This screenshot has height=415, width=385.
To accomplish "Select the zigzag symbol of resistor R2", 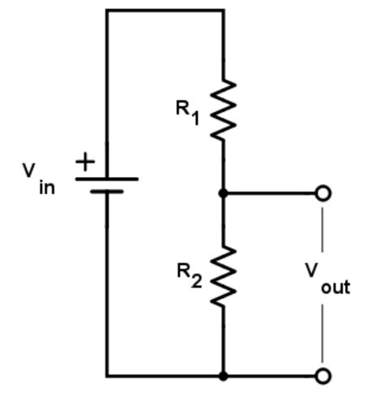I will [x=223, y=276].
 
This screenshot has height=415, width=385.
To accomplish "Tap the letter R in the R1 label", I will [x=183, y=108].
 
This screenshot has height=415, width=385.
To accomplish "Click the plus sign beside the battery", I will [x=84, y=162].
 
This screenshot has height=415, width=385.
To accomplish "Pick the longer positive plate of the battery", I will [x=106, y=179].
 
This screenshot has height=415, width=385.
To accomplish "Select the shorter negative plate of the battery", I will [x=106, y=192].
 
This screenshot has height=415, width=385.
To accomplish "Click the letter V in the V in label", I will [x=29, y=171].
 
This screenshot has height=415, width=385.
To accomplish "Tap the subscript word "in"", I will [x=46, y=188].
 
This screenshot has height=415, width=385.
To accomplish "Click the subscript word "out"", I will [x=335, y=287].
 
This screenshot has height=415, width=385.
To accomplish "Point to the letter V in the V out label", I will [x=312, y=269].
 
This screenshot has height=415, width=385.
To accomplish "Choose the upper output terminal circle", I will [x=323, y=193].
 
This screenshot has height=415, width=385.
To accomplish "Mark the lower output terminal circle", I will [x=323, y=376].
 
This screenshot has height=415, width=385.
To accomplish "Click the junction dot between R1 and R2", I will [x=223, y=193].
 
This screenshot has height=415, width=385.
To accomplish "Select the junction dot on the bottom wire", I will [x=223, y=376].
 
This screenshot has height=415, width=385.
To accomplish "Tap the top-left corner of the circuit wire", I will [x=106, y=11].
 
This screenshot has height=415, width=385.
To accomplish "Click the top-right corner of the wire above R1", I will [x=223, y=11].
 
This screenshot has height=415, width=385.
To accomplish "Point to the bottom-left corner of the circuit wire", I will [x=106, y=376].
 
